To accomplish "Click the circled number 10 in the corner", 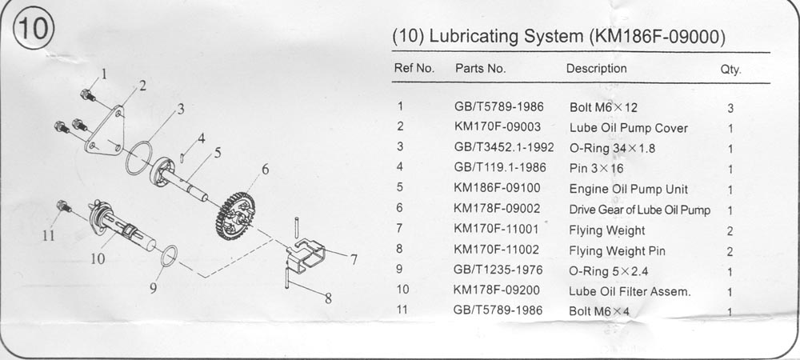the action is pyautogui.click(x=34, y=28).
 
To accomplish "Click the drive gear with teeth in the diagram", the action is pyautogui.click(x=235, y=216).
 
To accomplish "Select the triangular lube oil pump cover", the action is pyautogui.click(x=106, y=131).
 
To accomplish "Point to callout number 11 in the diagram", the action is pyautogui.click(x=49, y=235).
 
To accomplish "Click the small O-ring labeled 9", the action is pyautogui.click(x=170, y=256).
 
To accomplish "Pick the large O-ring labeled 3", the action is pyautogui.click(x=138, y=158).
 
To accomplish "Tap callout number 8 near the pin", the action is pyautogui.click(x=328, y=298).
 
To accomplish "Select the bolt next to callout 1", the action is pyautogui.click(x=88, y=95).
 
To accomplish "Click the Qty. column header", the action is pyautogui.click(x=730, y=70).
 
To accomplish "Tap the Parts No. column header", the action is pyautogui.click(x=481, y=69).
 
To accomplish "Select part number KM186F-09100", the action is pyautogui.click(x=497, y=188).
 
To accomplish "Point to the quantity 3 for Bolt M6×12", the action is pyautogui.click(x=730, y=108).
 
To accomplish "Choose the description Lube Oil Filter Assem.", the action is pyautogui.click(x=630, y=292).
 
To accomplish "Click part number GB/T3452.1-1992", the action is pyautogui.click(x=504, y=147).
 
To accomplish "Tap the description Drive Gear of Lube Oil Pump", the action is pyautogui.click(x=640, y=210).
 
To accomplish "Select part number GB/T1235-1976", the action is pyautogui.click(x=498, y=270).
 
